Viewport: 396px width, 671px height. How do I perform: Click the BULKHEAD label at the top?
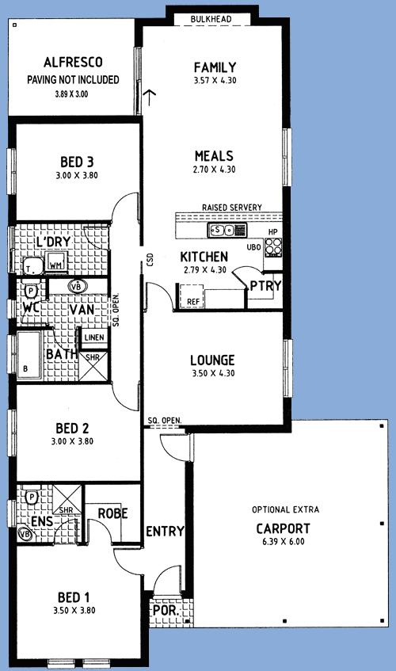point(211,19)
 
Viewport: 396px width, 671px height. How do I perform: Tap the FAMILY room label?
point(215,67)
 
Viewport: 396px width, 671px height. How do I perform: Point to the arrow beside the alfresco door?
point(149,97)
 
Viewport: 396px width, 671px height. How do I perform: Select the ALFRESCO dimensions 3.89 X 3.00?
point(71,93)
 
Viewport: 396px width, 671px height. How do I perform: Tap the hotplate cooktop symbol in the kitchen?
point(273,247)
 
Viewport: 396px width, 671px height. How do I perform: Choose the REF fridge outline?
point(192,295)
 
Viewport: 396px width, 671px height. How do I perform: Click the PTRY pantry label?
point(265,285)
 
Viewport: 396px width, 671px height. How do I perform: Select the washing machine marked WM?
point(55,262)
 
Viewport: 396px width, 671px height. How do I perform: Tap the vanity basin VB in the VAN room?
point(78,286)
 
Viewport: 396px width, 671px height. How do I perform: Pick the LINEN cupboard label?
point(94,337)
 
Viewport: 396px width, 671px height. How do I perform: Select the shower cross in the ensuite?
point(67,499)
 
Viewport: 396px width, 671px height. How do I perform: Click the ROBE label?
point(113,513)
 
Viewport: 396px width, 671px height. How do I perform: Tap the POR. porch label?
point(166,610)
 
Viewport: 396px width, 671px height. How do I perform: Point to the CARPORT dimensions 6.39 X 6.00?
point(283,541)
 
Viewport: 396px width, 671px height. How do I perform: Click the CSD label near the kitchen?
point(150,260)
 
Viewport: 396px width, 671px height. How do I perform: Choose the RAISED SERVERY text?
point(232,207)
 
